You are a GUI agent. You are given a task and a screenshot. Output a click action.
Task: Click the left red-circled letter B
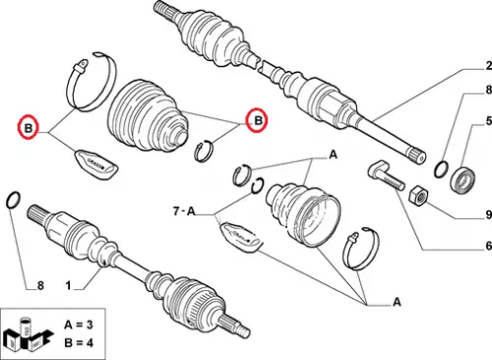[29, 127]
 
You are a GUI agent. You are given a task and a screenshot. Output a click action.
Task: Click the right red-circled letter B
[259, 120]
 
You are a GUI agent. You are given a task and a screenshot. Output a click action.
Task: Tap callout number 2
[489, 66]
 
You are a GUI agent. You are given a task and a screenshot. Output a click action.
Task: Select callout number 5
[489, 121]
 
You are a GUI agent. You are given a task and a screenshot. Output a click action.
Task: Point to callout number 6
[489, 245]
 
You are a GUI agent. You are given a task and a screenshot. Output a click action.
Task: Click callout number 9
[489, 214]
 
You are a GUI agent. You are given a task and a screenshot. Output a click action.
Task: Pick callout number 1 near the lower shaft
[68, 285]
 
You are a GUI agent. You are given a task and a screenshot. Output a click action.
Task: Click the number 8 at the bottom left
[40, 285]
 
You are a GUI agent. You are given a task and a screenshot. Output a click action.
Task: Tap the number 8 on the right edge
[489, 90]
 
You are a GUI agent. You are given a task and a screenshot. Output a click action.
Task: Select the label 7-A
[184, 211]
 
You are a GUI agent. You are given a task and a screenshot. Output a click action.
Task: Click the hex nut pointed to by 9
[418, 196]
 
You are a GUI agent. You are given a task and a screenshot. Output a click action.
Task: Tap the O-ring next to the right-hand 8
[441, 169]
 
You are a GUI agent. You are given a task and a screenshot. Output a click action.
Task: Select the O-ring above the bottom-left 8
[14, 200]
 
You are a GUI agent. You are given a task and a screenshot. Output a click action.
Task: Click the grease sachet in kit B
[96, 164]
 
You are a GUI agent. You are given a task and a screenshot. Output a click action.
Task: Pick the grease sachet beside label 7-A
[241, 237]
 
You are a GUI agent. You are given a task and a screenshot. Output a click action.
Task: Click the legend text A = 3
[79, 325]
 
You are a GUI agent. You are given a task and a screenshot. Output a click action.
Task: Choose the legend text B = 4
[79, 343]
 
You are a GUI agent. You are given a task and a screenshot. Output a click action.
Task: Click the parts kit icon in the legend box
[29, 334]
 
